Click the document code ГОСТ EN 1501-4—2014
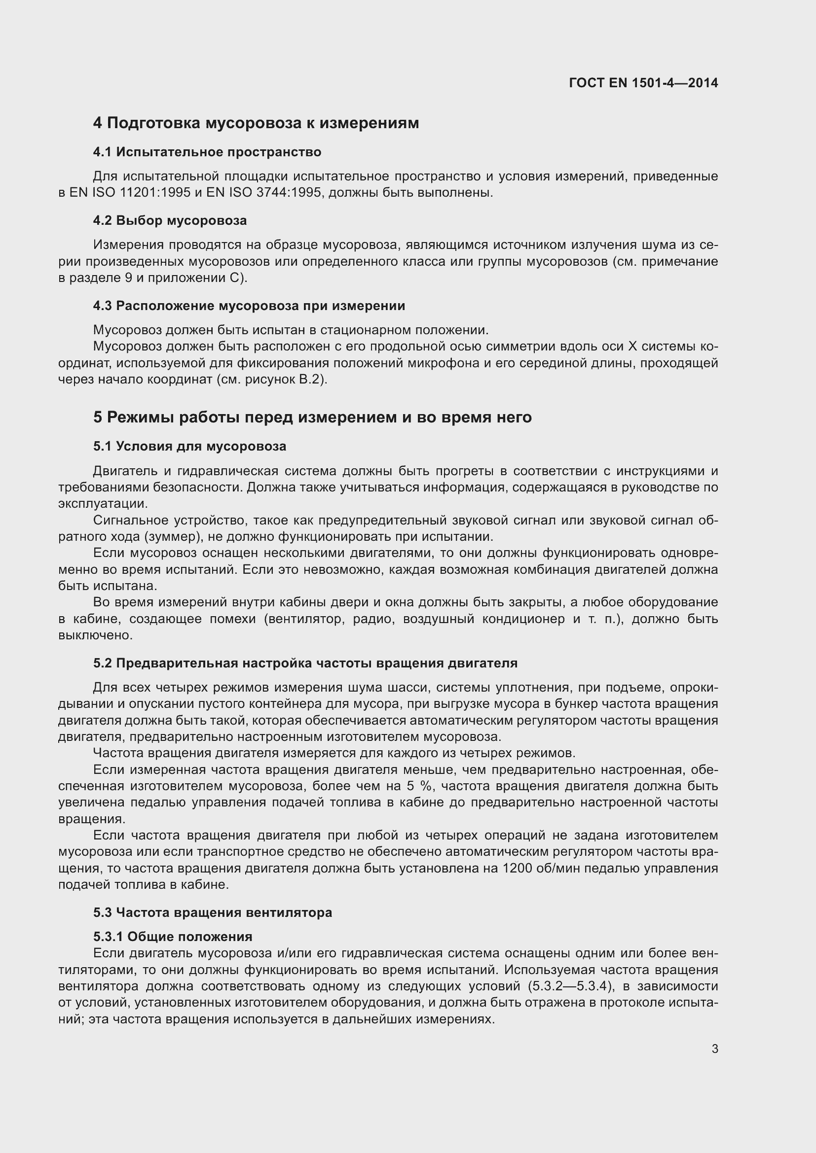(643, 83)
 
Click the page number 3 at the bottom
(714, 1048)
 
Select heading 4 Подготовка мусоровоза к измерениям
(256, 123)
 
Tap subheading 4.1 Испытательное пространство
(207, 152)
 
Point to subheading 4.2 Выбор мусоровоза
(170, 220)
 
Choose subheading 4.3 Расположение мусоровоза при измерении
(249, 306)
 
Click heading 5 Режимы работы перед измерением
(312, 418)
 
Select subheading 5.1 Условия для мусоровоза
(189, 447)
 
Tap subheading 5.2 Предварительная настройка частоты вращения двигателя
(305, 664)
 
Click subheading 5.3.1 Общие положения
(172, 937)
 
